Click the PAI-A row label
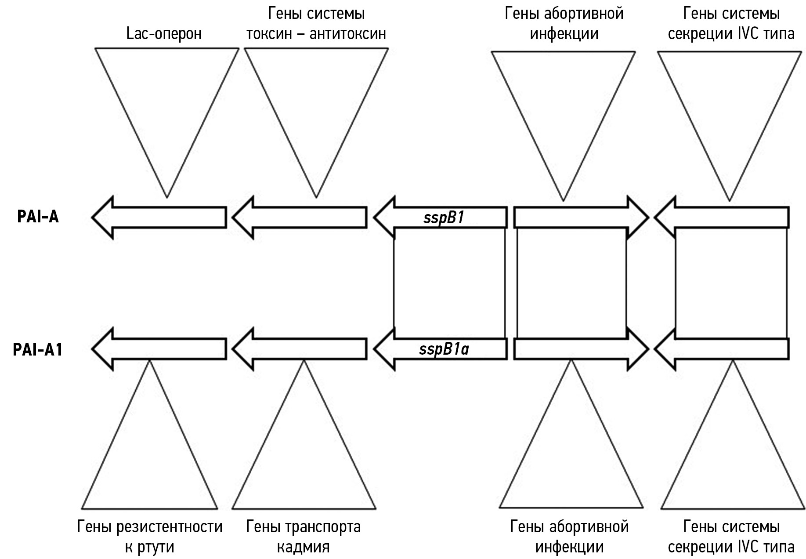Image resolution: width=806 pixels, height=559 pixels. pos(38,217)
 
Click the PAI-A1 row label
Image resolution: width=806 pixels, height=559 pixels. pos(38,349)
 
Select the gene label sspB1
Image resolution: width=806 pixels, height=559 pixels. pos(444,218)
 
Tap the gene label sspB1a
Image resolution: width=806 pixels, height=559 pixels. pos(444,349)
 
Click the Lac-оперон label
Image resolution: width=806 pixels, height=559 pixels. pos(164,34)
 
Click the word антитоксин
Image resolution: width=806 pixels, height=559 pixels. pos(347,34)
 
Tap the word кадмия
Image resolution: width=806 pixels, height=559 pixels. pos(303,547)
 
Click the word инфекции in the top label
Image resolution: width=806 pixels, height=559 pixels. pos(564,34)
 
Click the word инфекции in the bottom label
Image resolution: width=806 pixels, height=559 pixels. pos(569,547)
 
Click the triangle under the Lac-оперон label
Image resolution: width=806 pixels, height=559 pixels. pos(166,110)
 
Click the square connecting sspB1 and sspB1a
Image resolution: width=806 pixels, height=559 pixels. pos(449,283)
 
